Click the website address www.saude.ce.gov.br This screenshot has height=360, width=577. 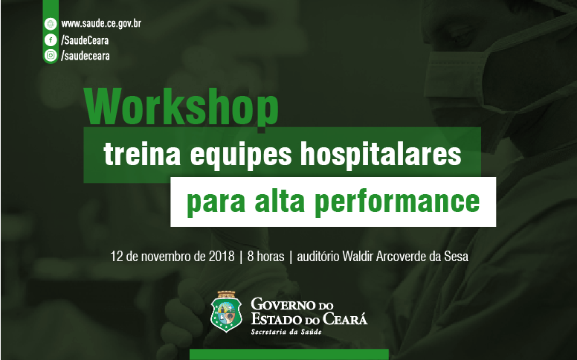tap(101, 24)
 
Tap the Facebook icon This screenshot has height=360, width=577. tap(51, 39)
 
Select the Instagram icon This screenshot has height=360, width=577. tap(51, 55)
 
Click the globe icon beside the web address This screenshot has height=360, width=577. tap(51, 24)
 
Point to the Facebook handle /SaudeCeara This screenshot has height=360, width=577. tap(85, 39)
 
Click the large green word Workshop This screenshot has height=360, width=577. tap(181, 107)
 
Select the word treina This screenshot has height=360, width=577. tap(142, 154)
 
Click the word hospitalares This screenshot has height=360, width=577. tap(381, 154)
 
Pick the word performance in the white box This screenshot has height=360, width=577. tap(397, 202)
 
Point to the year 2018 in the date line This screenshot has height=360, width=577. tap(222, 256)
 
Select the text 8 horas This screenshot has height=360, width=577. tap(265, 256)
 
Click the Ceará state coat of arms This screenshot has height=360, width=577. tap(226, 312)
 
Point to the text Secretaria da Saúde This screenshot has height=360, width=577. tap(286, 332)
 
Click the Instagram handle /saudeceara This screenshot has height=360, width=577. tap(86, 56)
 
